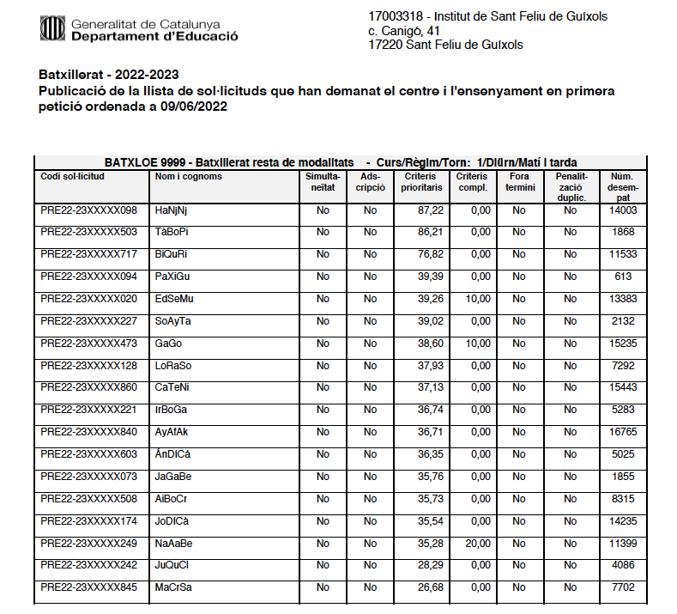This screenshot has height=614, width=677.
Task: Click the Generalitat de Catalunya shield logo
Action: tap(51, 29)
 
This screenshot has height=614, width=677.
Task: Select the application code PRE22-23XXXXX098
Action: tap(88, 210)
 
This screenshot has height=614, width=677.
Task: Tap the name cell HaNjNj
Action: tap(171, 210)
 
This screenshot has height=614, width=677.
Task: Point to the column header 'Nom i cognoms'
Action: tap(189, 177)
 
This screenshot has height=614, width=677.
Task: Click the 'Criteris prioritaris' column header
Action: tap(421, 181)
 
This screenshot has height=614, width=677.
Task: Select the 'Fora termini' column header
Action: tap(519, 181)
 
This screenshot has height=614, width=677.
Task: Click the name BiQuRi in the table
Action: tap(171, 255)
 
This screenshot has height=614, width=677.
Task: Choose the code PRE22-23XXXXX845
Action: tap(88, 588)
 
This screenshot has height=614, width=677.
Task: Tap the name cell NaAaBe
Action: tap(173, 544)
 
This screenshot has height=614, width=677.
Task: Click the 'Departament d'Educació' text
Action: tap(155, 37)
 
